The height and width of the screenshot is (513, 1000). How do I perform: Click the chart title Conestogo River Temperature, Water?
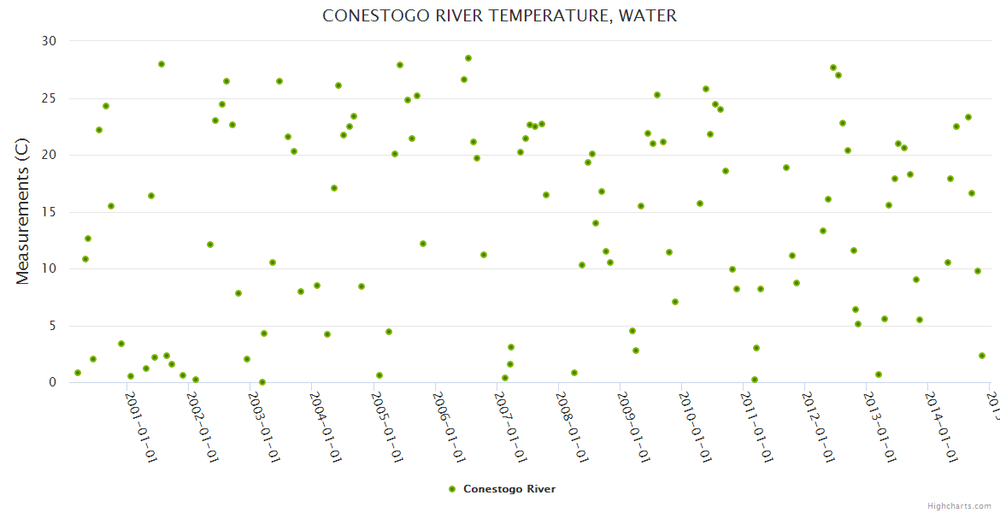[499, 16]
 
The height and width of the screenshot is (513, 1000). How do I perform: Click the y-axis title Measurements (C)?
[23, 212]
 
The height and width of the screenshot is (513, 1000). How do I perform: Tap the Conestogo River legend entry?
[509, 489]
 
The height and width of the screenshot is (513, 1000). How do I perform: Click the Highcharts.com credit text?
[959, 505]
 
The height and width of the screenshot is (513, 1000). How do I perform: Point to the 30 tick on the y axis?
[49, 41]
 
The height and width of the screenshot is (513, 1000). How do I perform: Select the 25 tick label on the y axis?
[49, 98]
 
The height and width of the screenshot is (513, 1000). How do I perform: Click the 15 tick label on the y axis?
[49, 212]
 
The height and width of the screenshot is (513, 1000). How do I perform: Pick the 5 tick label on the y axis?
[52, 326]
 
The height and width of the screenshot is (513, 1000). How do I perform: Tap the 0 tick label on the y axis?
[52, 383]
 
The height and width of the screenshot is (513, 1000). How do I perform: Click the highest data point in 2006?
[468, 58]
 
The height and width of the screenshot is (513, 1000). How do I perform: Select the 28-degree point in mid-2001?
[162, 64]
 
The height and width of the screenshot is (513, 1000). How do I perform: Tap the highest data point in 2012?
[833, 68]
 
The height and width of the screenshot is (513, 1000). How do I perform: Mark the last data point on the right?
[982, 356]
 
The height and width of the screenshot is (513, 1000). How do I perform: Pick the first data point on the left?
[78, 373]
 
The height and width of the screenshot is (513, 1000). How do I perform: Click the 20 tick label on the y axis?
[49, 155]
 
